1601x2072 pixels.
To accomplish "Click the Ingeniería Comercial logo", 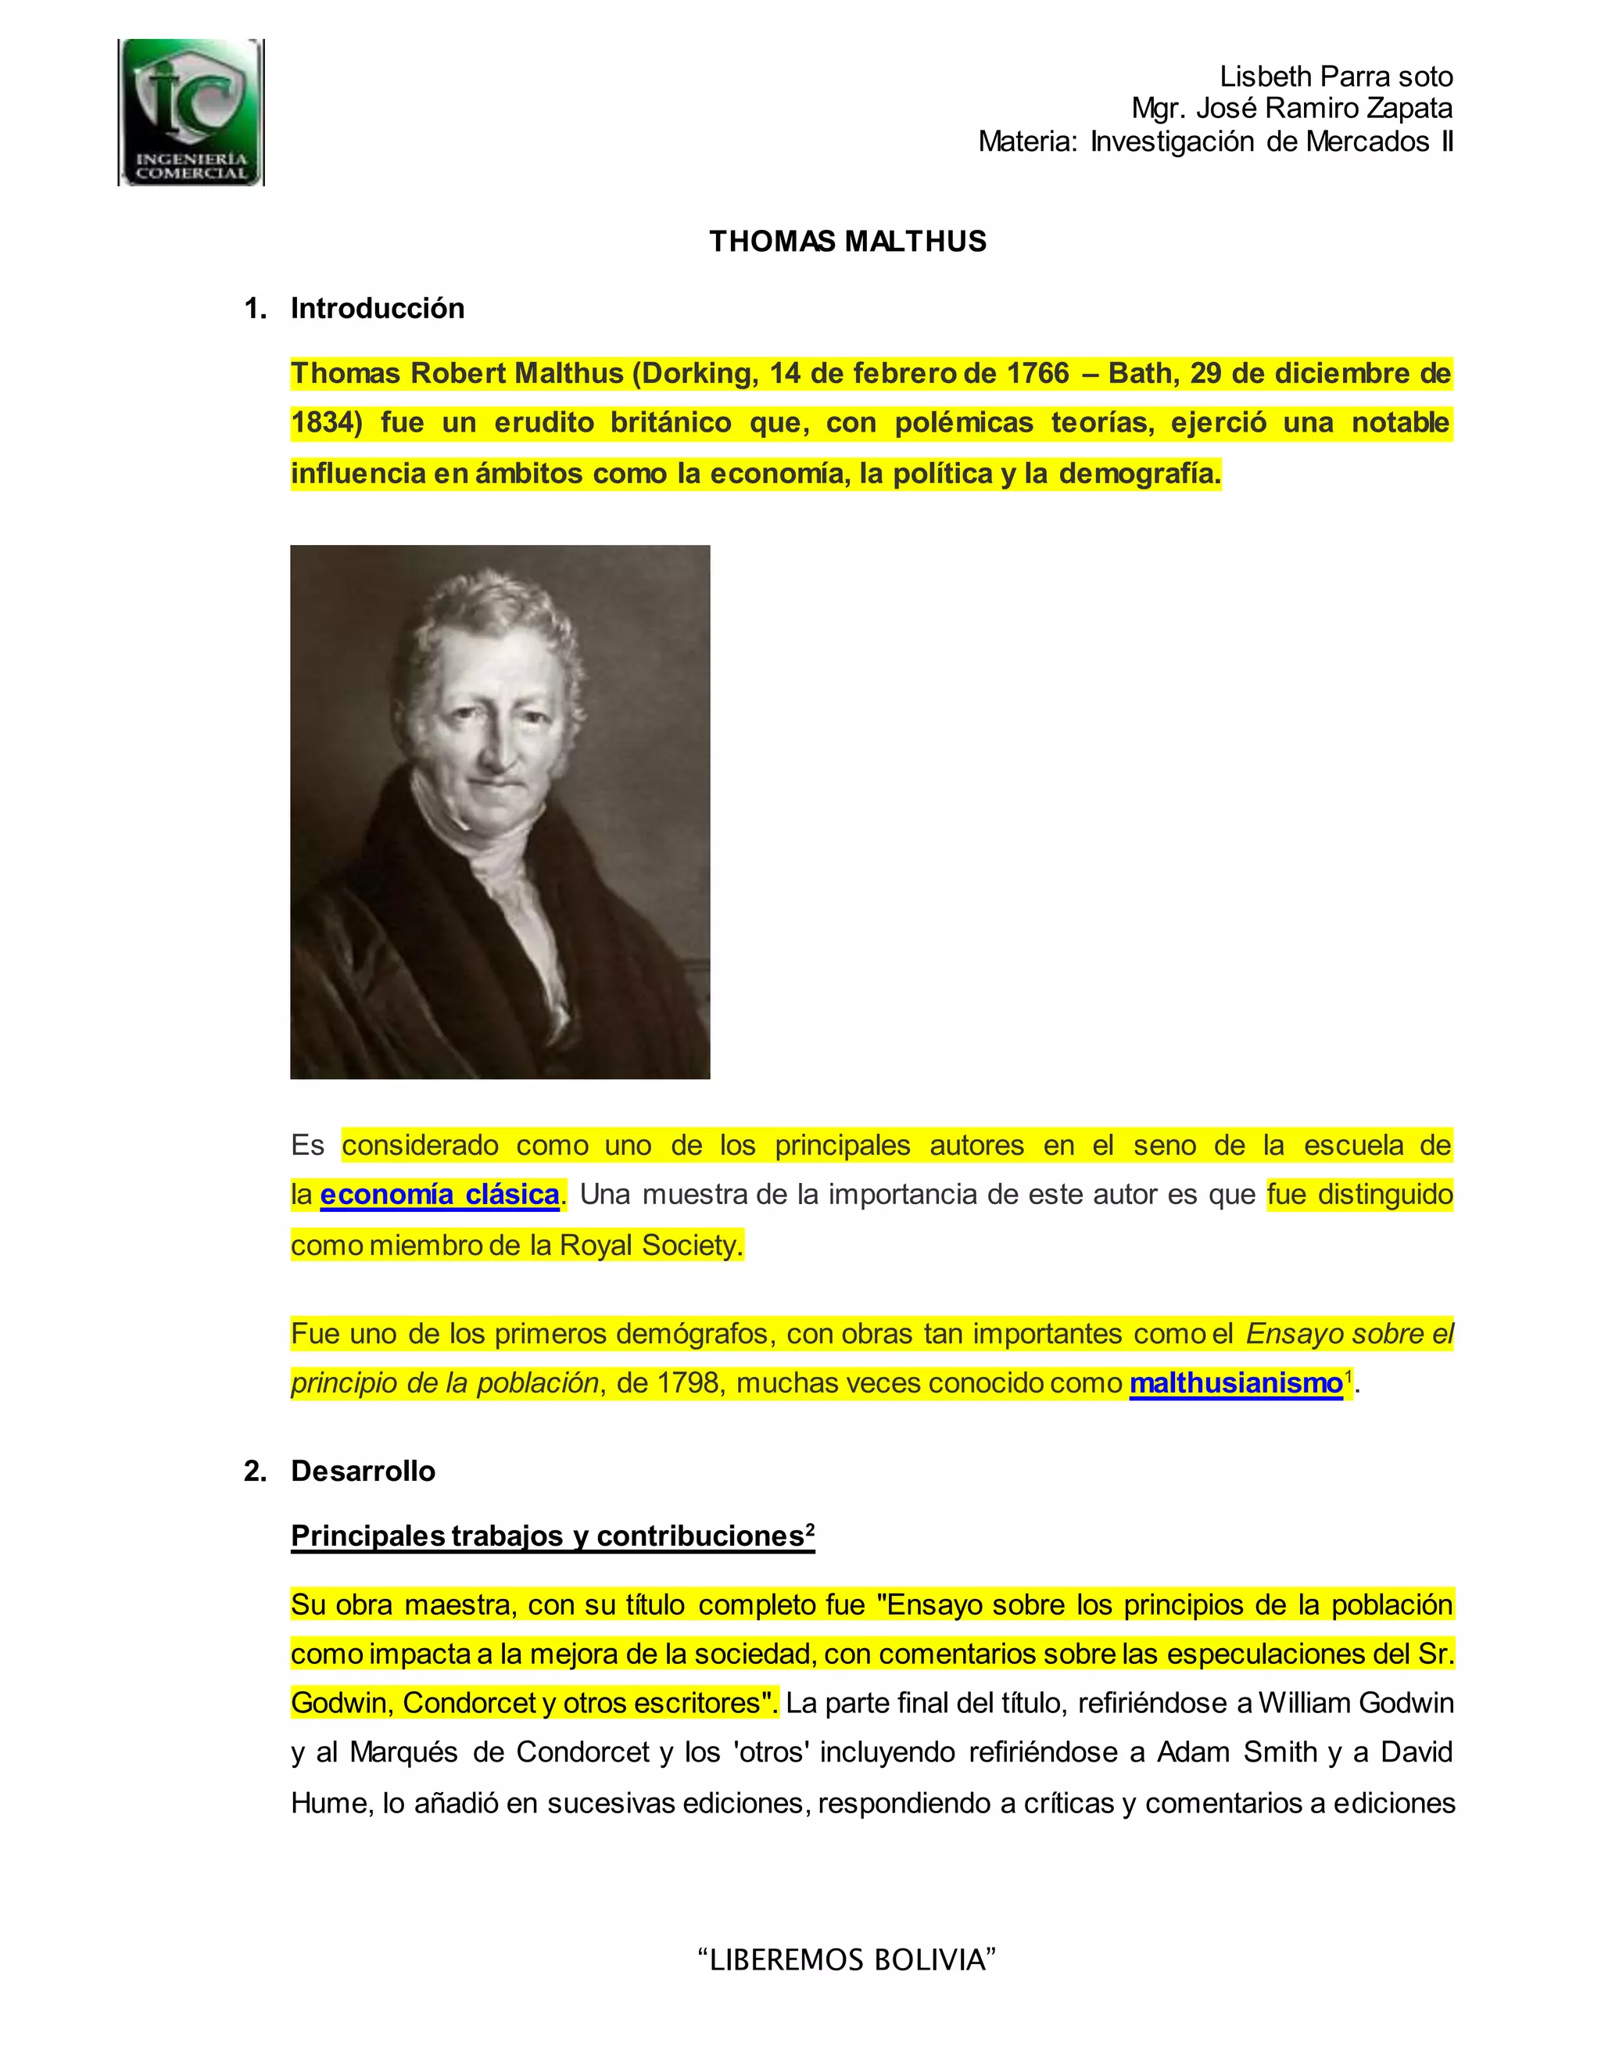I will click(191, 112).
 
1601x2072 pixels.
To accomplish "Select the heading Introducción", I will click(377, 308).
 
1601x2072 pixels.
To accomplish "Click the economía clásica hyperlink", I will click(439, 1195).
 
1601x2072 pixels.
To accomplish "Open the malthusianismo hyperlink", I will click(1235, 1383).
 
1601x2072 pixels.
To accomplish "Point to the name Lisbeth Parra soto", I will click(1335, 77).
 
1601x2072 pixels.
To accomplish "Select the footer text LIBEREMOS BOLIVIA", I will click(847, 1959).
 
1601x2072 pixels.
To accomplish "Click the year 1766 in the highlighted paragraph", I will click(1037, 374).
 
